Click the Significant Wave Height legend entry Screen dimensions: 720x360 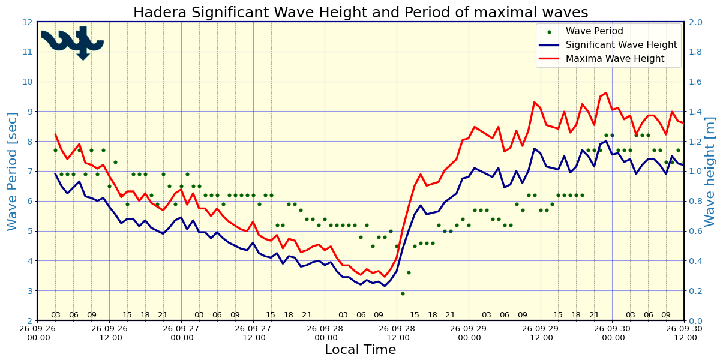pyautogui.click(x=607, y=44)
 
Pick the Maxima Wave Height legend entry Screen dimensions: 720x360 pyautogui.click(x=601, y=59)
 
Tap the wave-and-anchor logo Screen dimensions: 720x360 pyautogui.click(x=73, y=43)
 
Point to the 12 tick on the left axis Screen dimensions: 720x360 pyautogui.click(x=28, y=22)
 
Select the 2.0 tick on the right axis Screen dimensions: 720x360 pyautogui.click(x=695, y=22)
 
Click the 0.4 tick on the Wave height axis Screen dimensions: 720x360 pyautogui.click(x=695, y=261)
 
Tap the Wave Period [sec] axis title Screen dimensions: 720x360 pyautogui.click(x=11, y=172)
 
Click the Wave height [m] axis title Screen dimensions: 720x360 pyautogui.click(x=710, y=172)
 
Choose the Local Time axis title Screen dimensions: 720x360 pyautogui.click(x=361, y=350)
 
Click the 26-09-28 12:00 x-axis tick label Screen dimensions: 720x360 pyautogui.click(x=397, y=334)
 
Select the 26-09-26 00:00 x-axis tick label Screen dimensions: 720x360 pyautogui.click(x=38, y=334)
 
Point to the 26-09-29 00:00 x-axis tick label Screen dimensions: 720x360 pyautogui.click(x=469, y=334)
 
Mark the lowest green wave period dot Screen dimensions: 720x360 pyautogui.click(x=403, y=294)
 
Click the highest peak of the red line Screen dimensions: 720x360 pyautogui.click(x=606, y=92)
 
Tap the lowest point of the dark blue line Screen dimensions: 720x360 pyautogui.click(x=385, y=286)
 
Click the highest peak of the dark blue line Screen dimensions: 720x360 pyautogui.click(x=606, y=141)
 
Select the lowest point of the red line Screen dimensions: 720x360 pyautogui.click(x=385, y=277)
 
